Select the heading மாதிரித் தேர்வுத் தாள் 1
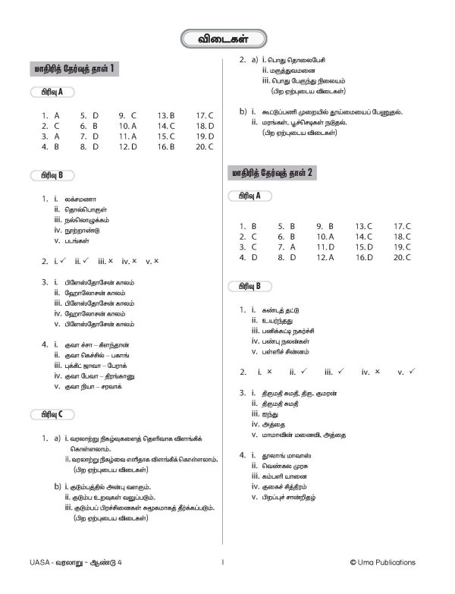[x=76, y=71]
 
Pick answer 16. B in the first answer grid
[x=166, y=146]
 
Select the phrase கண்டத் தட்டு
[x=282, y=310]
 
